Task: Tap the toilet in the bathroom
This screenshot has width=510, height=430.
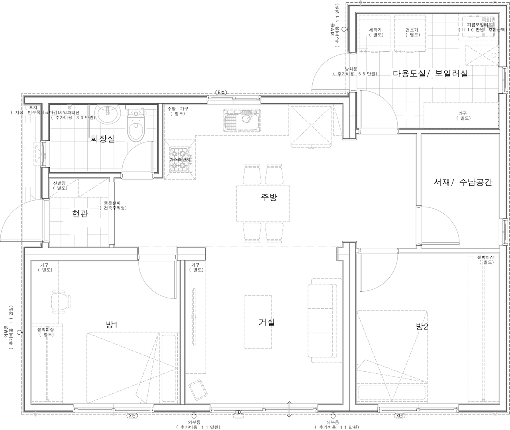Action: [x=136, y=125]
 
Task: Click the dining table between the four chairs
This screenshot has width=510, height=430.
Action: [x=263, y=203]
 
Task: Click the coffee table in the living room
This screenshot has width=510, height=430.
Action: [x=258, y=322]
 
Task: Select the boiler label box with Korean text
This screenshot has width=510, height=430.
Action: [x=479, y=27]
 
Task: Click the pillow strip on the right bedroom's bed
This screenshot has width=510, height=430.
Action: [x=392, y=393]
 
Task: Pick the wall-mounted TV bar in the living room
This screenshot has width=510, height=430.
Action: [x=194, y=317]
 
